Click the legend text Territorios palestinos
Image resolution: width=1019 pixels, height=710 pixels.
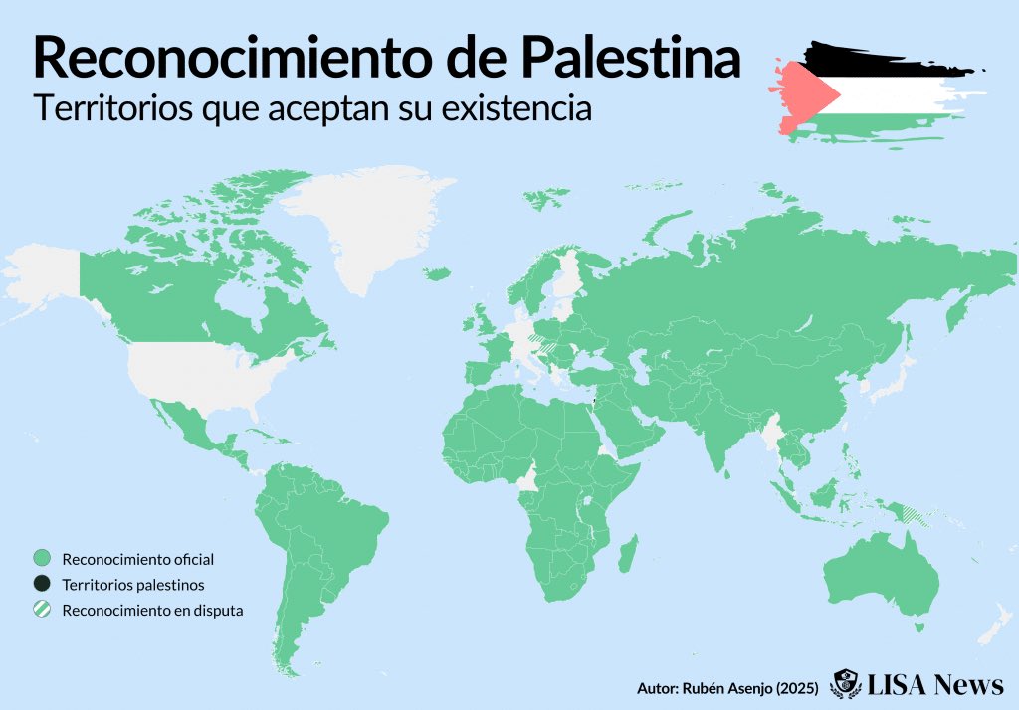pos(132,585)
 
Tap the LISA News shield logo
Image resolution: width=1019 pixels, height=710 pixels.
pos(846,684)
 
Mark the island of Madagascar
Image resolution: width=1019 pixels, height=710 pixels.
pos(627,553)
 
